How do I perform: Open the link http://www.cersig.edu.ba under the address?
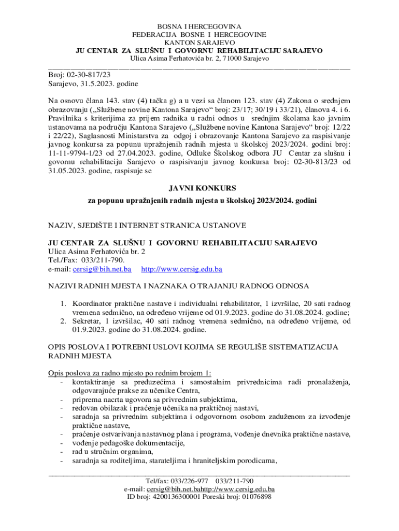coord(182,269)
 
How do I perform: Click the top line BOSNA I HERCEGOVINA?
coord(199,26)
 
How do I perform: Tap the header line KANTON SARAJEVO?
coord(199,43)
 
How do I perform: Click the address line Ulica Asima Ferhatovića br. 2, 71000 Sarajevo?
coord(199,59)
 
